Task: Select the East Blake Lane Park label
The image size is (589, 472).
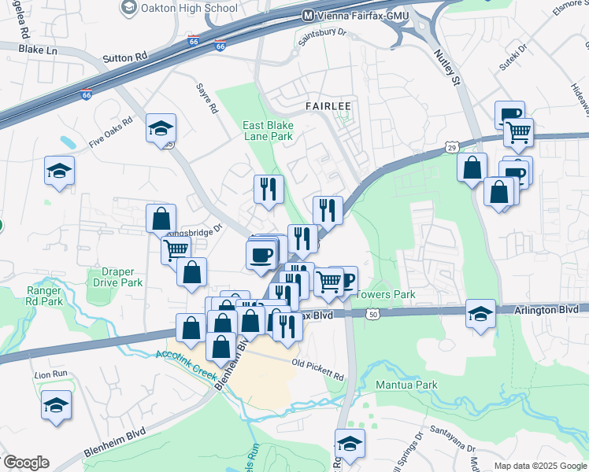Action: [x=267, y=131]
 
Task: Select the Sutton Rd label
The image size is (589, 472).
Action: [x=125, y=58]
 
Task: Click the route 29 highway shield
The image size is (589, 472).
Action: [x=450, y=147]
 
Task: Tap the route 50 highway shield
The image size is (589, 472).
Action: [x=372, y=314]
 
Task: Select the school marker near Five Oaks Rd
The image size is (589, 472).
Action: [x=161, y=129]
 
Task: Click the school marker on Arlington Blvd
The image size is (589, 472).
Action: [x=480, y=313]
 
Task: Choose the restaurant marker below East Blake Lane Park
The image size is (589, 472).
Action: [x=269, y=189]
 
